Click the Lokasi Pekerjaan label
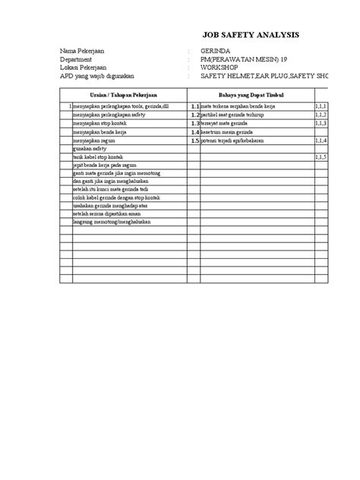(85, 68)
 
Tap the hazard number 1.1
(194, 106)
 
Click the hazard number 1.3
(194, 123)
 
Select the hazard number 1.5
(194, 141)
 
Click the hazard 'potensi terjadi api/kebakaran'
(236, 141)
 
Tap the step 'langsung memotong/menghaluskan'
(115, 221)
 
